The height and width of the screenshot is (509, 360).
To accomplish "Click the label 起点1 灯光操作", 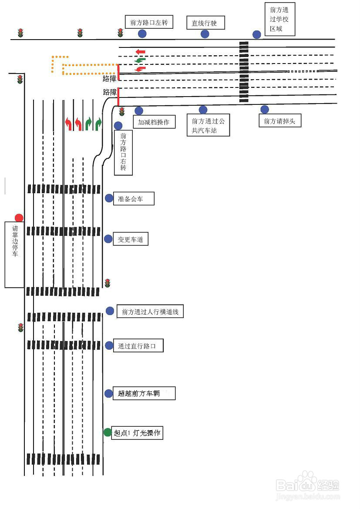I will pos(137,433).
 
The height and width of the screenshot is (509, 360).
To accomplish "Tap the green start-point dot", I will pos(108,432).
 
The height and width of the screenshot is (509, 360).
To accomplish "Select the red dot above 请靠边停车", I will pos(19,218).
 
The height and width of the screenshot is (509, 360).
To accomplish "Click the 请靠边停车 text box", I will pos(14,254).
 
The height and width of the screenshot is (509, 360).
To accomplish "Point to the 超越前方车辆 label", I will pos(144,393).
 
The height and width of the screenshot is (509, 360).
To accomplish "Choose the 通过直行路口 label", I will pos(138,346).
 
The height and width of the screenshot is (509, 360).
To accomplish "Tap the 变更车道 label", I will pos(131,239).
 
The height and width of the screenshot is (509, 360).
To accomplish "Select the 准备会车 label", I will pos(134,199).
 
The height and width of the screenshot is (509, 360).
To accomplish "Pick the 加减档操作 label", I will pos(154,122).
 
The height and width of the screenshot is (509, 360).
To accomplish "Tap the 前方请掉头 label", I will pos(279,121).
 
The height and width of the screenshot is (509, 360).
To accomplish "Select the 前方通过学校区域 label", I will pos(280,20).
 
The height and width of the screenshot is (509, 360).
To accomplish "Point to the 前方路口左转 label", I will pos(149,22).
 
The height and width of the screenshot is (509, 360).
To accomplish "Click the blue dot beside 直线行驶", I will pos(205,34).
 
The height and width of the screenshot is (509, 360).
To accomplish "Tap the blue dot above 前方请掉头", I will pos(265,110).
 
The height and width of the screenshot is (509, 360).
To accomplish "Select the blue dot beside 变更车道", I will pos(108,239).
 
